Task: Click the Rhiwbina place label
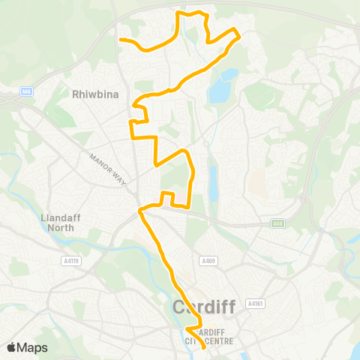(92, 94)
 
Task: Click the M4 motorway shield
(27, 91)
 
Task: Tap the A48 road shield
(278, 223)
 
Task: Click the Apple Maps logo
(27, 347)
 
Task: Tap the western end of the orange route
(121, 40)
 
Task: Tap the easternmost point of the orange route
(239, 34)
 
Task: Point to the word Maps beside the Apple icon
(34, 347)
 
